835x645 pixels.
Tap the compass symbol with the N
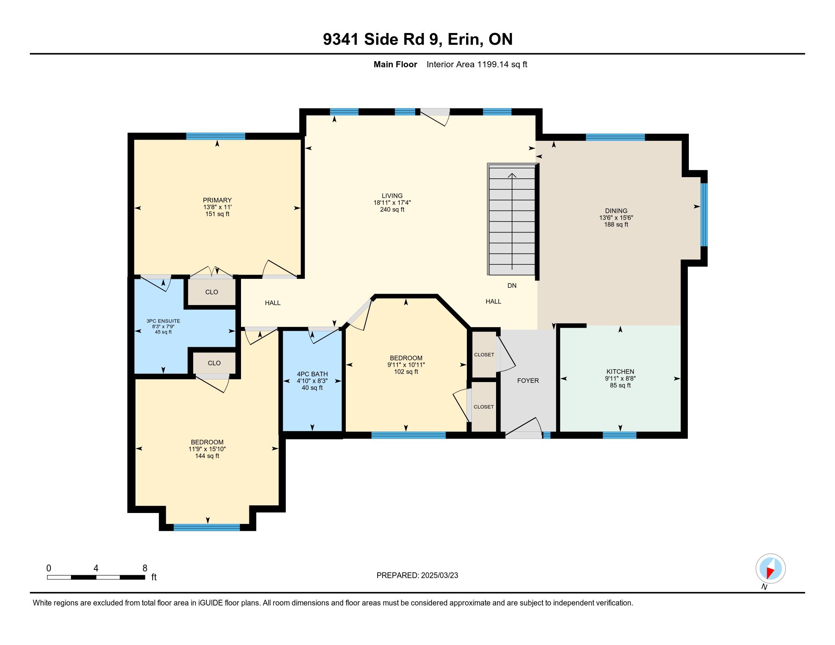coord(770,569)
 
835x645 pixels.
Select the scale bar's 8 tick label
coord(145,568)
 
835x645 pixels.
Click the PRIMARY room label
coord(217,200)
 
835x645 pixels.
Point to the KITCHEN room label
coord(620,371)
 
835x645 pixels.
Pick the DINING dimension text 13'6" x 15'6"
coord(616,217)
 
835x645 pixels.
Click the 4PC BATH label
coord(312,374)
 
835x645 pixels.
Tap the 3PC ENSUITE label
coord(163,321)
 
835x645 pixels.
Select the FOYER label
coord(528,381)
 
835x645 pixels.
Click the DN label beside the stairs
coord(512,285)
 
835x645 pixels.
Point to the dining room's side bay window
coord(704,215)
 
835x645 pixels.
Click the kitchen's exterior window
coord(620,435)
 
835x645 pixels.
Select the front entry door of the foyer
coord(523,428)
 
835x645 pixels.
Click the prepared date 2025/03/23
coord(439,576)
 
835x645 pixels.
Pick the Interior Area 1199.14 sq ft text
coord(477,64)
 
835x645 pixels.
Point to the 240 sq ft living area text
coord(392,209)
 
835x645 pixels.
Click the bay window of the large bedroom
coord(207,527)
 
